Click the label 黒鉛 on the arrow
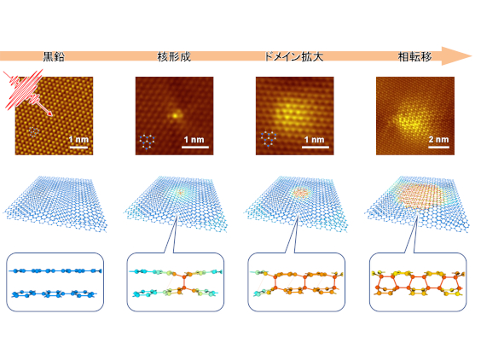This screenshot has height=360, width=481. [54, 56]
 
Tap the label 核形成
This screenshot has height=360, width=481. [174, 56]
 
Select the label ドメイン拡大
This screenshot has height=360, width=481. [294, 56]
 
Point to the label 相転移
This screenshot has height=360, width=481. [414, 56]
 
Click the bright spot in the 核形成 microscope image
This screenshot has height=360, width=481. [175, 116]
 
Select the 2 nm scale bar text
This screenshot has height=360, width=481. [438, 139]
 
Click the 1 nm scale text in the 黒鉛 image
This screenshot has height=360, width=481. [78, 140]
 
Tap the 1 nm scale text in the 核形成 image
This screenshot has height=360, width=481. [194, 140]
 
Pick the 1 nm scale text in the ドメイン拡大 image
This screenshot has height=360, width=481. [315, 140]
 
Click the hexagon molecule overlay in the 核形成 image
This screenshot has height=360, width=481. [147, 142]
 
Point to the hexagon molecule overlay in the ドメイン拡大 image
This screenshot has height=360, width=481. [269, 139]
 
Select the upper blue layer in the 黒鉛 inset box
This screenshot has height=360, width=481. [55, 271]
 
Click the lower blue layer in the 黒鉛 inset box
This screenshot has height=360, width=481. [54, 294]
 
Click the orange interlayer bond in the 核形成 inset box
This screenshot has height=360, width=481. [184, 282]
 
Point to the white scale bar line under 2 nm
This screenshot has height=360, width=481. [438, 147]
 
